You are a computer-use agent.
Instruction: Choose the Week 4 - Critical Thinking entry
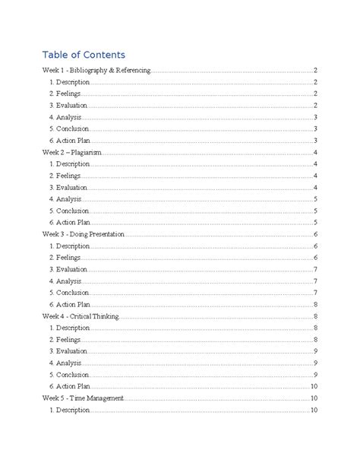click(80, 316)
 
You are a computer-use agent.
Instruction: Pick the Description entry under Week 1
click(69, 81)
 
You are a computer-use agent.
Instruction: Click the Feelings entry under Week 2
click(65, 176)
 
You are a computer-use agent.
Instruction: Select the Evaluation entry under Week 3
click(68, 269)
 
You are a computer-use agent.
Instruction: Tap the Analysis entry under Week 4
click(65, 363)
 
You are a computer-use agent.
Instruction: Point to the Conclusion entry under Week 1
click(68, 128)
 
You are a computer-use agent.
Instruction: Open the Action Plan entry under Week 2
click(69, 222)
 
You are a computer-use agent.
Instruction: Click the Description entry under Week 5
click(69, 411)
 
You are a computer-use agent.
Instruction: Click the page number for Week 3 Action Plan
click(314, 304)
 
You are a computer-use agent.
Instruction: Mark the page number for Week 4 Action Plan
click(313, 387)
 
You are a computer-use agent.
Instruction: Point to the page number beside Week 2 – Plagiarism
click(314, 152)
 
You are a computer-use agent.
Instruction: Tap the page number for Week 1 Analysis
click(314, 117)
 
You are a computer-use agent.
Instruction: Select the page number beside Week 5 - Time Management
click(313, 398)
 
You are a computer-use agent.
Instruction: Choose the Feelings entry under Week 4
click(65, 340)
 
